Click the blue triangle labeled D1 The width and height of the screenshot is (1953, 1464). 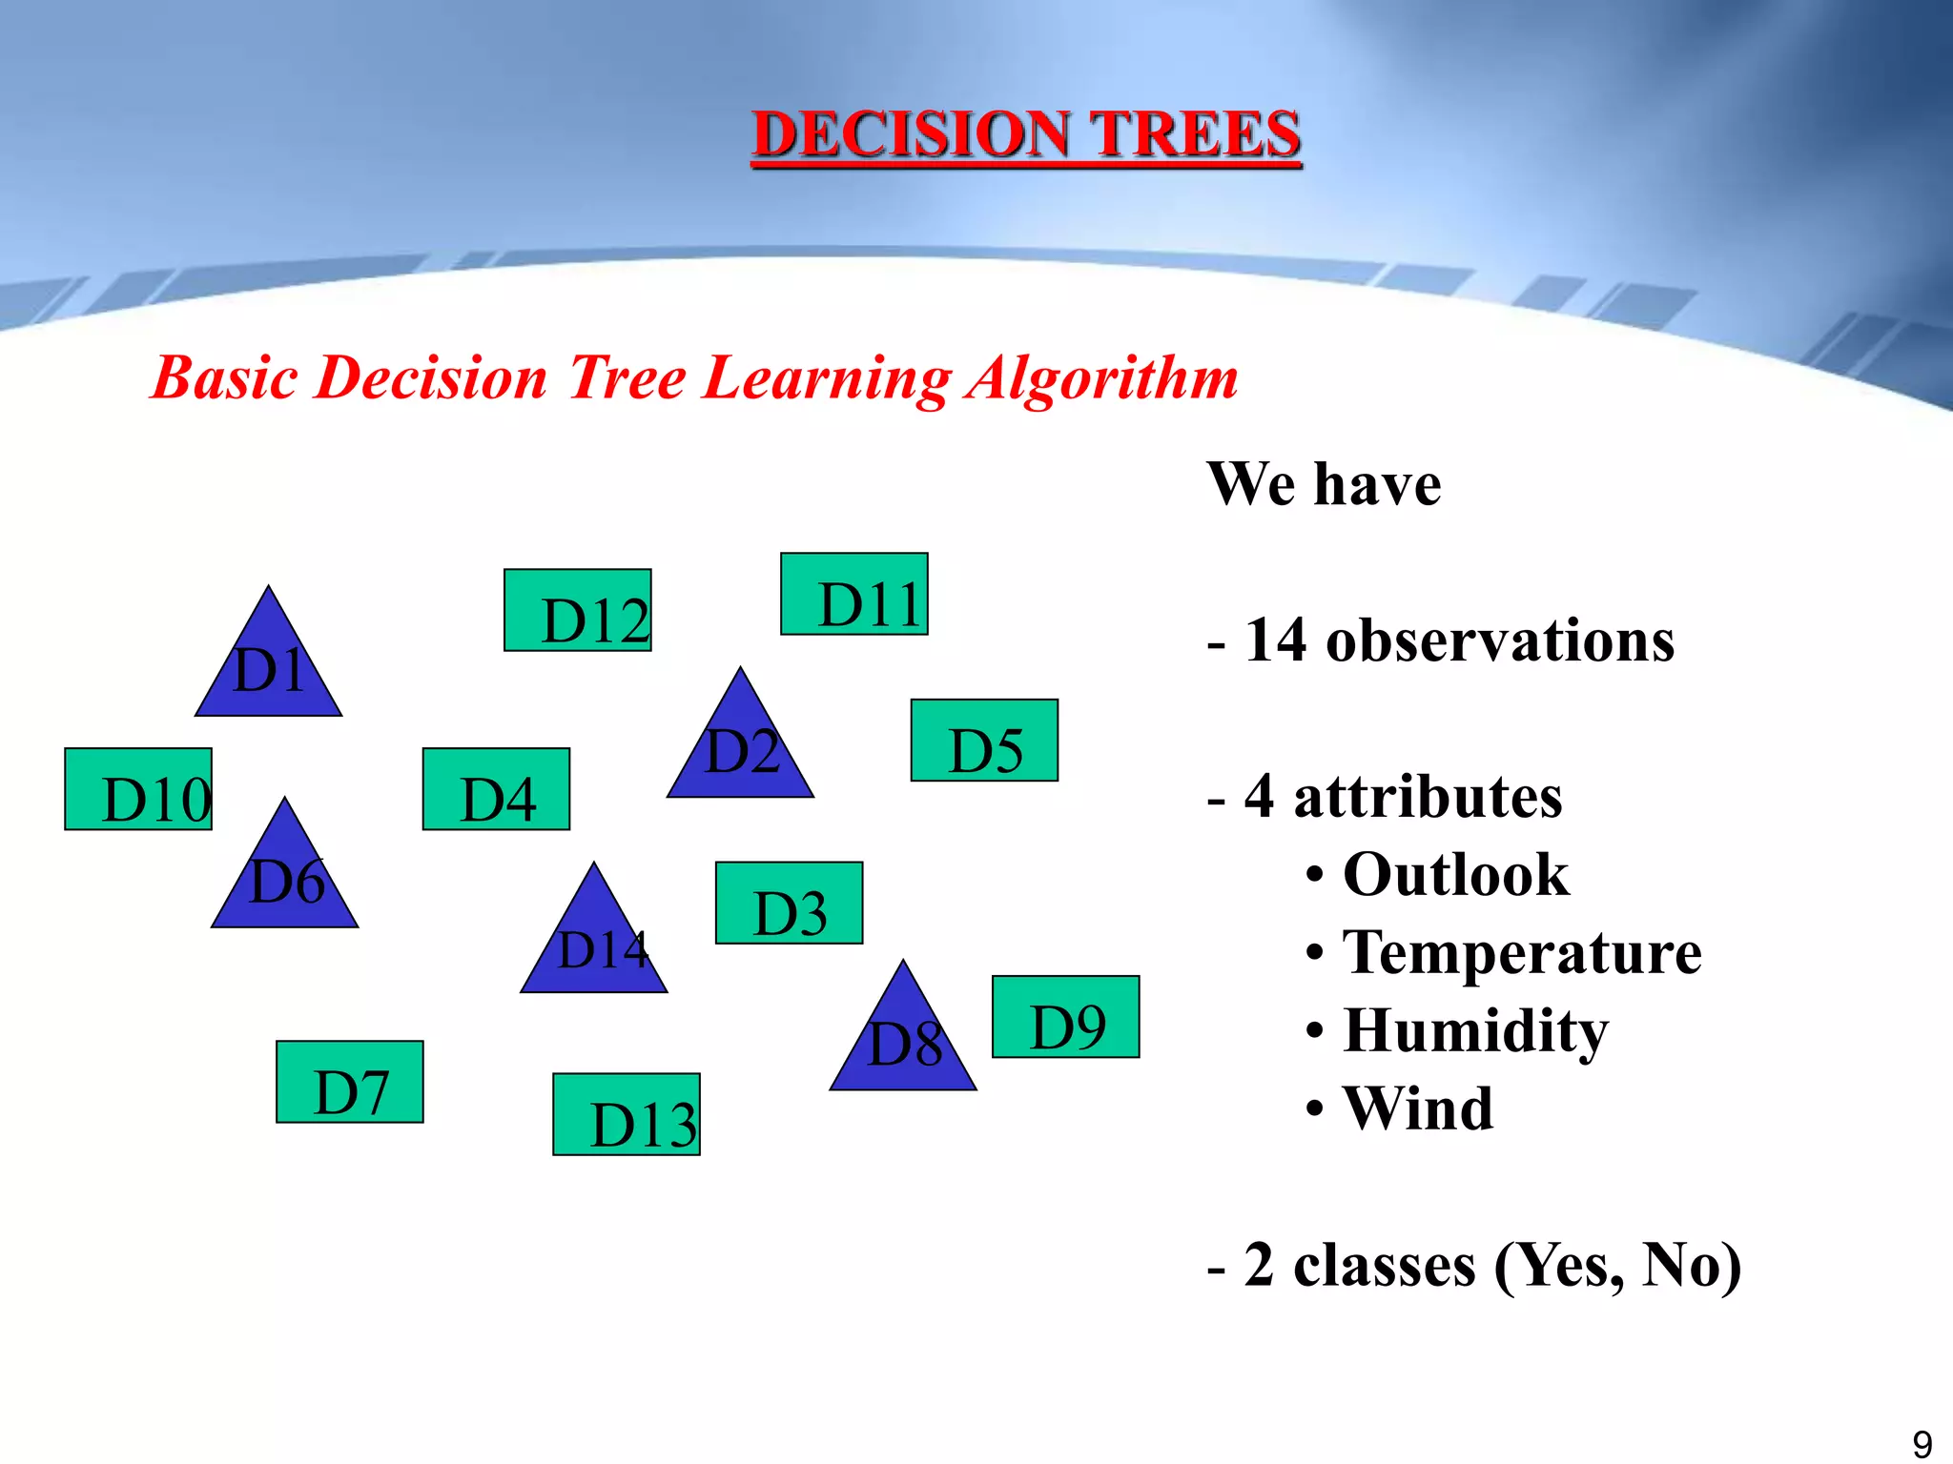point(268,667)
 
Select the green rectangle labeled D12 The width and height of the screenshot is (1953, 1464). point(577,610)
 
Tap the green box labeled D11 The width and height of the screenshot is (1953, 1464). point(853,594)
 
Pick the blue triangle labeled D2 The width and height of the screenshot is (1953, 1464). point(740,748)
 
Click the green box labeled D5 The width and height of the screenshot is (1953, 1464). point(984,741)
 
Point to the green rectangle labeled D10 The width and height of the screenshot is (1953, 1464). point(138,789)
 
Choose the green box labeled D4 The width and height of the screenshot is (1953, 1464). point(496,789)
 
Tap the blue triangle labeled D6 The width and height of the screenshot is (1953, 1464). point(284,879)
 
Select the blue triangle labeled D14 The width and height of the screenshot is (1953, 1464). point(594,944)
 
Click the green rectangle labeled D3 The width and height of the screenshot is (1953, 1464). point(789,904)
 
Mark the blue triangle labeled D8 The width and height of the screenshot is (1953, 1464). point(903,1041)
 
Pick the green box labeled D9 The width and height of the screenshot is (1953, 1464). point(1065,1017)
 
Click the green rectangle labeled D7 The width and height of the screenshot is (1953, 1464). point(349,1082)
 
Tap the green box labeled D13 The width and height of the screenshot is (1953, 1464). point(627,1114)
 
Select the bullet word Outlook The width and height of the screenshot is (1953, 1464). point(1455,875)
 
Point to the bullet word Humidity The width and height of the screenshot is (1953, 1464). point(1475,1031)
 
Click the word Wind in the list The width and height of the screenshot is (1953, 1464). point(1417,1109)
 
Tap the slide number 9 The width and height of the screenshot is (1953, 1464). point(1922,1443)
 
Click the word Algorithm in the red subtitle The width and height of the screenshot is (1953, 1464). point(1101,378)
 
